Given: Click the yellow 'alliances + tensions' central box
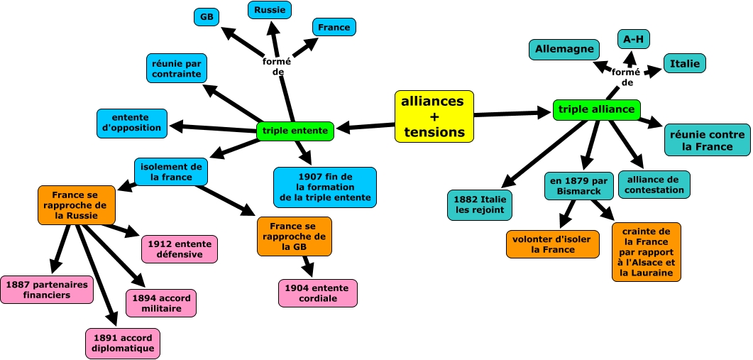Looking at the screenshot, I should click(x=434, y=116).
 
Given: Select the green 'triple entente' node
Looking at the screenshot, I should click(x=295, y=131).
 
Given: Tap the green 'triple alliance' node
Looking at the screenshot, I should click(x=597, y=109).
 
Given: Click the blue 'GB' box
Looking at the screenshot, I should click(x=207, y=17).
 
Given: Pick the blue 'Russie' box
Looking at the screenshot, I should click(x=270, y=10).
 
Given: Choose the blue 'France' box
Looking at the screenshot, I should click(x=334, y=27).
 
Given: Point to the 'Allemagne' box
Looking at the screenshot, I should click(x=564, y=50).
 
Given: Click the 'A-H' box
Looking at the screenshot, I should click(x=634, y=38).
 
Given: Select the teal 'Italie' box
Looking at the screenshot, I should click(x=685, y=63).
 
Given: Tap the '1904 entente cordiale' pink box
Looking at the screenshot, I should click(x=317, y=293).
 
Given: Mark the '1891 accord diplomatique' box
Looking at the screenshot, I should click(x=123, y=343).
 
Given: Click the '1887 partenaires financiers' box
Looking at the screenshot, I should click(x=47, y=289).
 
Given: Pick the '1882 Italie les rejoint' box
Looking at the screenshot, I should click(x=479, y=204).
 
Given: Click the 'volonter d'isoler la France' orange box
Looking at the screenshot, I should click(x=552, y=244).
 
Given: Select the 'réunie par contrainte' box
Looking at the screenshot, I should click(x=177, y=68).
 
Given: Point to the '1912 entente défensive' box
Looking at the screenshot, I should click(x=179, y=249).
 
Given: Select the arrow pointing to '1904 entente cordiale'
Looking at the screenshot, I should click(x=308, y=266).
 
